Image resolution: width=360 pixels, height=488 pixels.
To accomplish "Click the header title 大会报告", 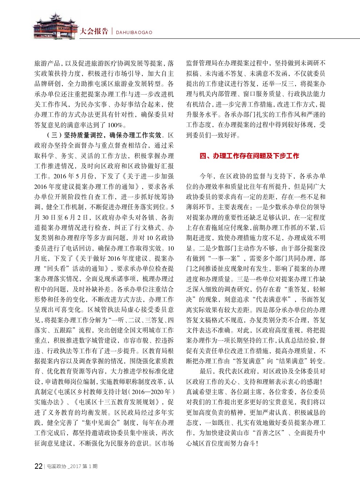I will tap(94, 31).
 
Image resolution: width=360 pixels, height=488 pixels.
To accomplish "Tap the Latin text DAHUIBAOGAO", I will tap(134, 32).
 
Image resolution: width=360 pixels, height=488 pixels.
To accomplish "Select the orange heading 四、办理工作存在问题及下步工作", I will tap(249, 156).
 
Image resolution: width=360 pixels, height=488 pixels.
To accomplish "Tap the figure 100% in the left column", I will tap(116, 125).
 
